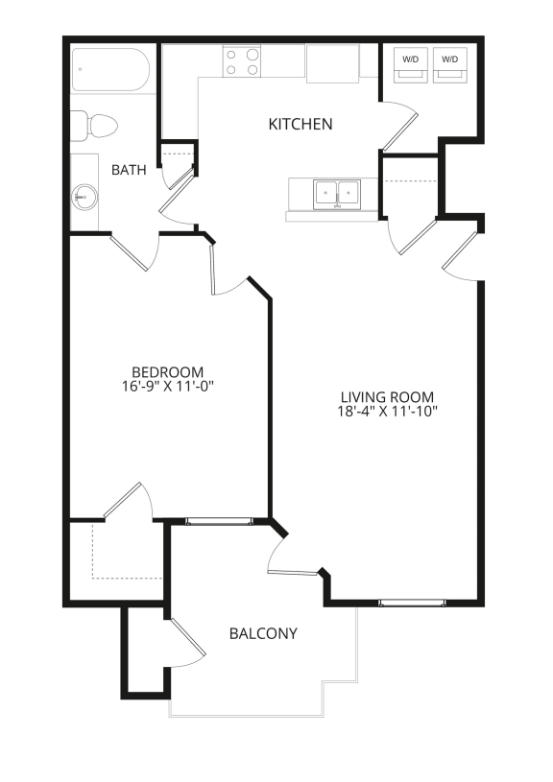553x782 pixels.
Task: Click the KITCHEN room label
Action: point(301,124)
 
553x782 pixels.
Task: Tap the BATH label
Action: point(129,171)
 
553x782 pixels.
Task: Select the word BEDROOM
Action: point(168,372)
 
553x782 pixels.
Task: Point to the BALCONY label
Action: point(263,633)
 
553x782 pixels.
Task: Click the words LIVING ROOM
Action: point(388,397)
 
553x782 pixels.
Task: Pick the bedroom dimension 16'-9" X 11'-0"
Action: point(168,388)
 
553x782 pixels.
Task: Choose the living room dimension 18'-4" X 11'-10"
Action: point(388,413)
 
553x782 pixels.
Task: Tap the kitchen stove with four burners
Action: point(243,61)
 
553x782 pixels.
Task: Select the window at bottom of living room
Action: point(412,603)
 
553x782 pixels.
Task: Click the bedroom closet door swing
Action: point(127,501)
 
